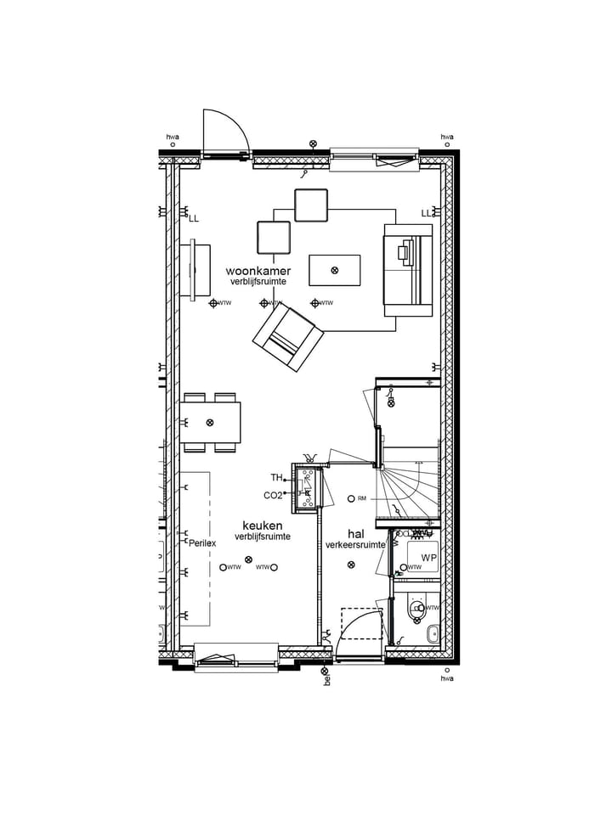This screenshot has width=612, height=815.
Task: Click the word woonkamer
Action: pyautogui.click(x=263, y=270)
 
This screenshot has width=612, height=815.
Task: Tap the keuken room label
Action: pyautogui.click(x=262, y=526)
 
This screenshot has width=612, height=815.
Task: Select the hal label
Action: pyautogui.click(x=355, y=533)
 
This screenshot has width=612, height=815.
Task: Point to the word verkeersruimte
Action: pyautogui.click(x=355, y=544)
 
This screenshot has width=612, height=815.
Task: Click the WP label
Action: pyautogui.click(x=428, y=558)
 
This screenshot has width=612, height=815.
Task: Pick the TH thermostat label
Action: pyautogui.click(x=276, y=477)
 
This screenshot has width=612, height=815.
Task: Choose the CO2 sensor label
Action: pyautogui.click(x=273, y=495)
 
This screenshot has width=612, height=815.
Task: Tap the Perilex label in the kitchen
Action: pyautogui.click(x=202, y=542)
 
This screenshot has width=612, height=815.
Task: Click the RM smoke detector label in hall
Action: pyautogui.click(x=361, y=498)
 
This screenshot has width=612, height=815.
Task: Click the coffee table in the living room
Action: pyautogui.click(x=334, y=270)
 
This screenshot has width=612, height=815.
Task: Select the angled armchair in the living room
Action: pyautogui.click(x=288, y=338)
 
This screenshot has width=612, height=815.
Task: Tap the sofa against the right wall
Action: pyautogui.click(x=408, y=270)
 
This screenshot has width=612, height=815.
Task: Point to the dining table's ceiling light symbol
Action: pyautogui.click(x=210, y=422)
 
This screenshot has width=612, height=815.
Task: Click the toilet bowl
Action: pyautogui.click(x=417, y=610)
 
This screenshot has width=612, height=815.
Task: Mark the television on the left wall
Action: pyautogui.click(x=196, y=270)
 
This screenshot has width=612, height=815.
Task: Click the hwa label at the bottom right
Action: pyautogui.click(x=446, y=678)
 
